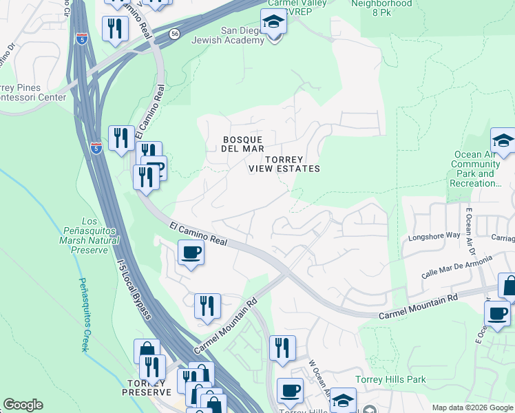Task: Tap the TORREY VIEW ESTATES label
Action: pyautogui.click(x=284, y=164)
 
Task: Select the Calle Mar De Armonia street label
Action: pyautogui.click(x=457, y=266)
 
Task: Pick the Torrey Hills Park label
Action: pyautogui.click(x=390, y=379)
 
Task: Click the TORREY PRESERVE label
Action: pyautogui.click(x=146, y=387)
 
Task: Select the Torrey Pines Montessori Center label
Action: pyautogui.click(x=32, y=92)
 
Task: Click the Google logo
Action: pyautogui.click(x=23, y=405)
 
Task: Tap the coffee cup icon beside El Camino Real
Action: pyautogui.click(x=191, y=252)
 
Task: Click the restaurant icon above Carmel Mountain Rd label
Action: pyautogui.click(x=207, y=306)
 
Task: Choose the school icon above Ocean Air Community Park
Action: pyautogui.click(x=503, y=140)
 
